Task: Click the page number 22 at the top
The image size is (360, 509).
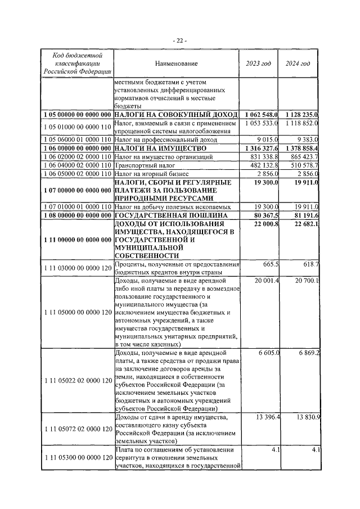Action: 180,40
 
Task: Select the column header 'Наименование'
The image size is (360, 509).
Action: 177,64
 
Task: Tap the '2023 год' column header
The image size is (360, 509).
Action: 259,64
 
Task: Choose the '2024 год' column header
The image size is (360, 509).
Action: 299,64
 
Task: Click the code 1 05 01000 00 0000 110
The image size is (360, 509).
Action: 76,127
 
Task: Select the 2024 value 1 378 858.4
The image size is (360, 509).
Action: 299,147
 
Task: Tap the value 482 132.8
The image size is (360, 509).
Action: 262,165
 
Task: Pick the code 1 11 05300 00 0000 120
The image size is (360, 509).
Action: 76,458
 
